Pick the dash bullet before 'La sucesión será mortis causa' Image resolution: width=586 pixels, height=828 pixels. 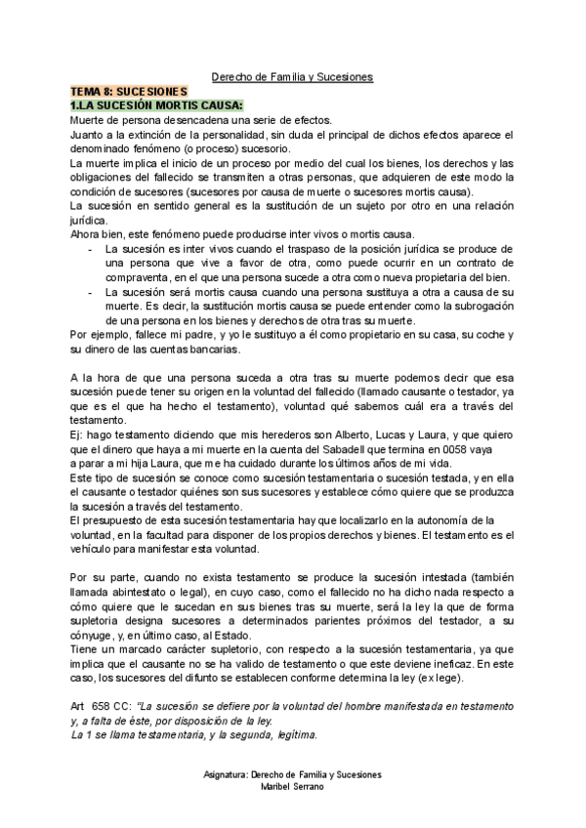point(90,292)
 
